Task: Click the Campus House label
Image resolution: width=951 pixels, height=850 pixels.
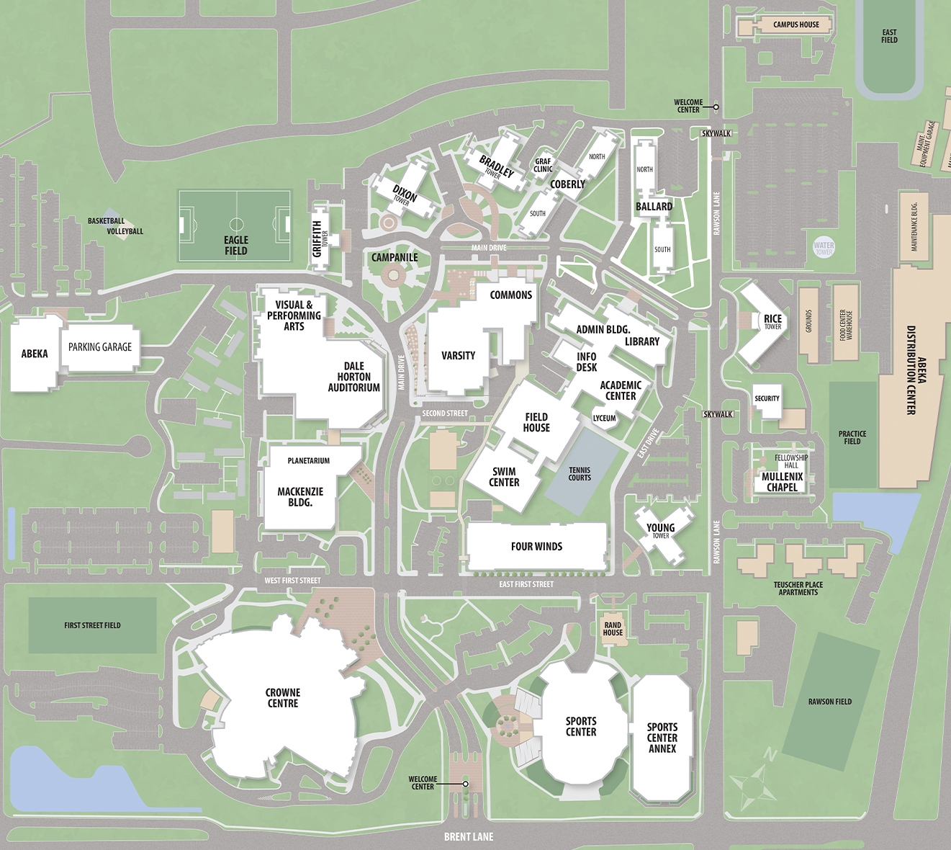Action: (x=795, y=24)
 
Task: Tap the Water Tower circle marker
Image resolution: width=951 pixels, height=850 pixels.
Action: (x=824, y=247)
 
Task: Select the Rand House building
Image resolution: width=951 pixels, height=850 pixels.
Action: (x=613, y=629)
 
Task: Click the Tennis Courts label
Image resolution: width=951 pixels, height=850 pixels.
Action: (x=580, y=473)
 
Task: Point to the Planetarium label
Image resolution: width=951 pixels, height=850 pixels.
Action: (x=308, y=461)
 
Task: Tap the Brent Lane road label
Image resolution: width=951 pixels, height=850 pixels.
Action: (x=469, y=836)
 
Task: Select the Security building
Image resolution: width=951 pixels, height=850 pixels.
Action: (x=767, y=399)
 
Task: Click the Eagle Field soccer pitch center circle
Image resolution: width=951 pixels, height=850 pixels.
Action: (x=236, y=224)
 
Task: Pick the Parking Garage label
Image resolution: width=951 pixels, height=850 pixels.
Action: (x=100, y=347)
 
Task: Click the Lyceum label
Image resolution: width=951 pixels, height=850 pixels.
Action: (x=604, y=419)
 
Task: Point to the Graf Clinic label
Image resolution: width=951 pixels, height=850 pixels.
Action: (x=543, y=166)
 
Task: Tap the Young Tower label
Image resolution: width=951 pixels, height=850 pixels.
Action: (x=660, y=530)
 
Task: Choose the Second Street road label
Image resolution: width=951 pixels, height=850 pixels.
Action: (x=444, y=413)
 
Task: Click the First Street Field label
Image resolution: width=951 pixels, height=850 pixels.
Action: (x=92, y=625)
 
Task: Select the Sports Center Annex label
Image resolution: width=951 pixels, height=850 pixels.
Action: (x=662, y=738)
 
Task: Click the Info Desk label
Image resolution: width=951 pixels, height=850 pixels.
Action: (x=586, y=362)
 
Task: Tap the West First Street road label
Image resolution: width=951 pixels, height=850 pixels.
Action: (x=292, y=581)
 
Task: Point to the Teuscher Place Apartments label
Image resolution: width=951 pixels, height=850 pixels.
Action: (x=798, y=589)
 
